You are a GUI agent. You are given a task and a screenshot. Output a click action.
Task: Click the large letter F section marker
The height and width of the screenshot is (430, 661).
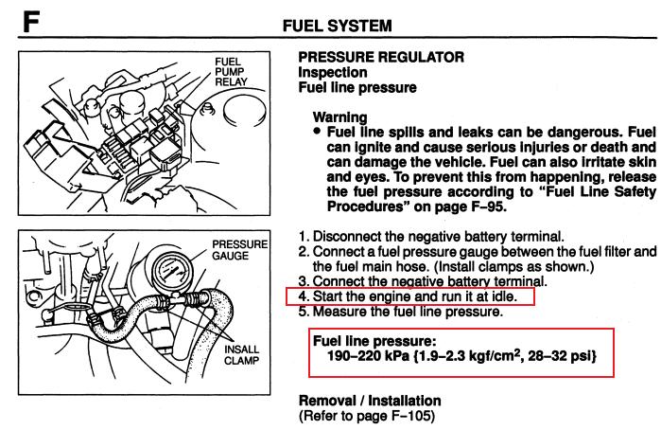(31, 22)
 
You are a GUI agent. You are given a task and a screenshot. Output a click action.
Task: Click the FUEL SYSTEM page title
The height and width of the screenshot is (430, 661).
(338, 26)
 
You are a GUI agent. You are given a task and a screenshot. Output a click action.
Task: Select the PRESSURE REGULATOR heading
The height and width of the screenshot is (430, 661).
(381, 57)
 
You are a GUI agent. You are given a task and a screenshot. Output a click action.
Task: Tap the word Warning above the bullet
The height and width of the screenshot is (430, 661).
(339, 117)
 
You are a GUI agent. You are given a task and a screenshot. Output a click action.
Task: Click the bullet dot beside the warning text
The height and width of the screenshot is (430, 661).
(317, 132)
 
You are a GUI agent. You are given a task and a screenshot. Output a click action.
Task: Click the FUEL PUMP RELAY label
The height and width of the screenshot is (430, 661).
(231, 72)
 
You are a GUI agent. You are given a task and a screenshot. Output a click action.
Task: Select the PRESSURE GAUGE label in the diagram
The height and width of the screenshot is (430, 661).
(239, 250)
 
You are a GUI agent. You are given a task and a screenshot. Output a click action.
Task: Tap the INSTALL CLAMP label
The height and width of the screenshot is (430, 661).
(241, 355)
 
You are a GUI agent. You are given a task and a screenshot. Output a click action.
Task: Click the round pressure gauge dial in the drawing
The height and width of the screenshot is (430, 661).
(170, 272)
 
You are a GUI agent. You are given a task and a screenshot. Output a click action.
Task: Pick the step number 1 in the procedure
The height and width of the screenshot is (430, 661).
(304, 236)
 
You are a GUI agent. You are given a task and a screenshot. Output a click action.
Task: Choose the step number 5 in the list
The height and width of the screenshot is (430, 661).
(304, 312)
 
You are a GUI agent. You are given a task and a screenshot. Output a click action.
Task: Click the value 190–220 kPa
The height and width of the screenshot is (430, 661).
(368, 356)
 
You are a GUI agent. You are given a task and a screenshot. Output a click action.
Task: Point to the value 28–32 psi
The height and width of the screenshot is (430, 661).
(558, 356)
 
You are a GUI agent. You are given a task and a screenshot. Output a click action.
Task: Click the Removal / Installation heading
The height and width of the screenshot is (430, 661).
(370, 401)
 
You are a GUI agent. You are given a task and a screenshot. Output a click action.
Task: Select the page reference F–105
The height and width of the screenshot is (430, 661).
(411, 416)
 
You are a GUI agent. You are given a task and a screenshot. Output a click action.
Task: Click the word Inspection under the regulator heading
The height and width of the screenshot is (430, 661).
(333, 72)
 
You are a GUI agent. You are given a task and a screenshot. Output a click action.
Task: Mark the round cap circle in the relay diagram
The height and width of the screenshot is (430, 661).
(245, 111)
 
